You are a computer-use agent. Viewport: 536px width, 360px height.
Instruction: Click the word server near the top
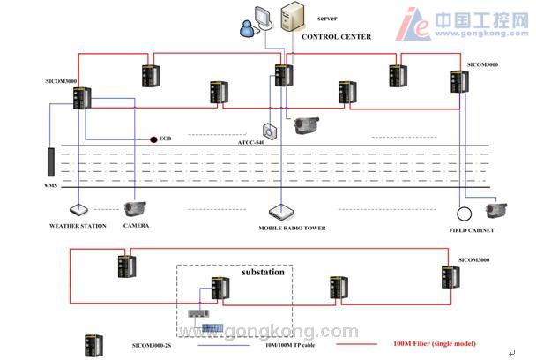click(x=327, y=19)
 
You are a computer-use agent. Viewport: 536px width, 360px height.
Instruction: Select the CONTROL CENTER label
click(x=336, y=37)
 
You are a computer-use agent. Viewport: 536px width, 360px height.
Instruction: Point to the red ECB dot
click(x=153, y=139)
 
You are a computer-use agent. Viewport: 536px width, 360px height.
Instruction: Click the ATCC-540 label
click(x=253, y=141)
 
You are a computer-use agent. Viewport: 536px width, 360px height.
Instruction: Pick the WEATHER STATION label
click(x=78, y=227)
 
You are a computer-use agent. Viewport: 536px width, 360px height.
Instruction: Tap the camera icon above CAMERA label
click(x=135, y=209)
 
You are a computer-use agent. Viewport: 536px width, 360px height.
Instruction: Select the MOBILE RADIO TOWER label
click(x=292, y=228)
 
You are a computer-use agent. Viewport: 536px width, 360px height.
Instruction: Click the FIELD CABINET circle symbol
click(x=463, y=213)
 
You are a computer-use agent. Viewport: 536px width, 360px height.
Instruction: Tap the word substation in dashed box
click(x=263, y=273)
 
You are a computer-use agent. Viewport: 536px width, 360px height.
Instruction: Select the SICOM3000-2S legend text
click(x=156, y=345)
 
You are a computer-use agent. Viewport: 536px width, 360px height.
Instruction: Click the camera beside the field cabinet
click(x=496, y=210)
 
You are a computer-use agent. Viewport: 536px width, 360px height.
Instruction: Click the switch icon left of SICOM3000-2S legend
click(x=91, y=343)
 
